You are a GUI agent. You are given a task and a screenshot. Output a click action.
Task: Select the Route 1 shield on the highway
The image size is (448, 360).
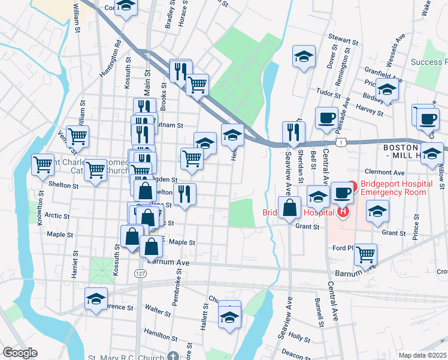[341, 142]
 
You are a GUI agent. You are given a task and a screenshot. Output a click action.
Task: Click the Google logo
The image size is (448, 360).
[19, 353]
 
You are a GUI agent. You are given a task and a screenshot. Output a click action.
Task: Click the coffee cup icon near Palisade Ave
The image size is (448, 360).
[326, 117]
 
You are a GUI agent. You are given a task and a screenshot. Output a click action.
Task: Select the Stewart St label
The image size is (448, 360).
[344, 40]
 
